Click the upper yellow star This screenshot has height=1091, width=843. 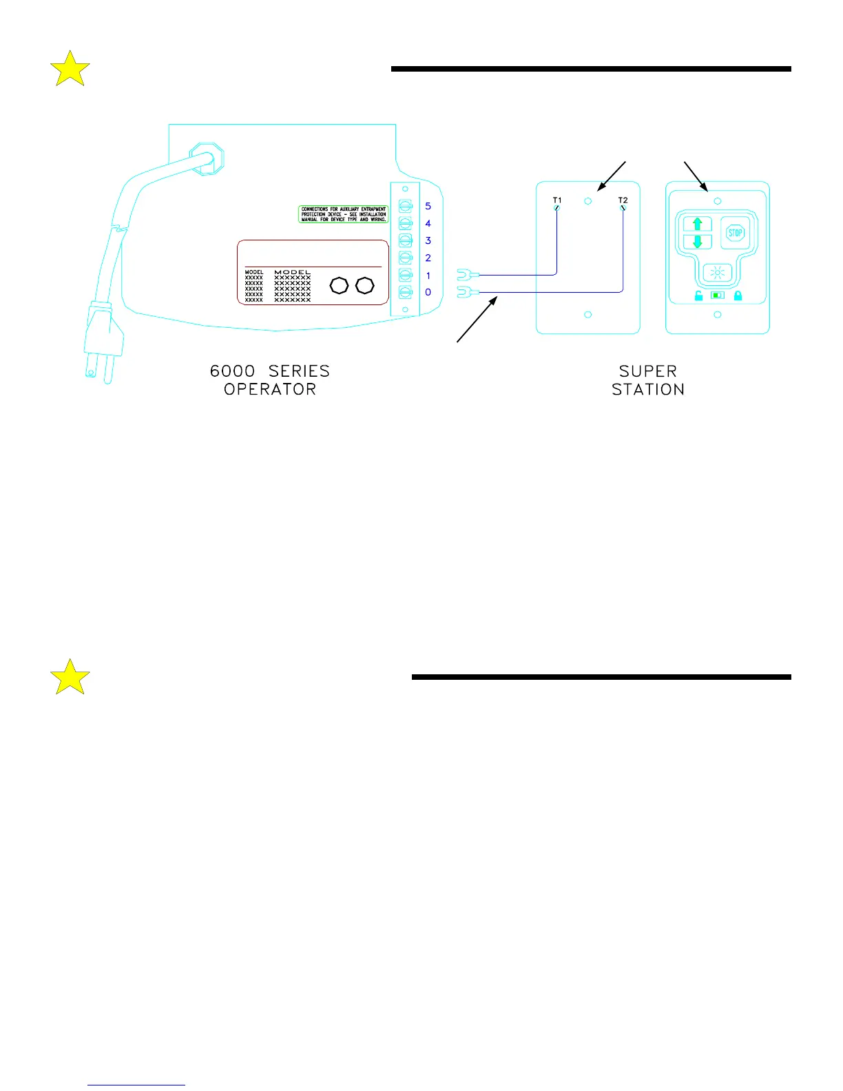(70, 69)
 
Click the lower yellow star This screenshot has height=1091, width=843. (70, 677)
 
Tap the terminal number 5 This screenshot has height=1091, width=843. (428, 206)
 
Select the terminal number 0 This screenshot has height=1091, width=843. (428, 292)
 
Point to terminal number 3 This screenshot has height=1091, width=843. (428, 240)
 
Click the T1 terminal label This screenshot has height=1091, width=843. (557, 200)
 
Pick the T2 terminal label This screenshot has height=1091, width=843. (623, 200)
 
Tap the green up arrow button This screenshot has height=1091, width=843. (697, 225)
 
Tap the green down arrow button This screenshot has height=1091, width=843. (697, 242)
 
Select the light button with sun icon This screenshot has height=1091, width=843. (717, 273)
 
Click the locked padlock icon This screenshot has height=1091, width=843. (738, 296)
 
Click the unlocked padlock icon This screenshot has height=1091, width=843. (698, 296)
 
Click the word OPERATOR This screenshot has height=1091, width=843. (270, 389)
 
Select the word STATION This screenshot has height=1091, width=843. (648, 389)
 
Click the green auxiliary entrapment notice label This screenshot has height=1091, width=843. (343, 214)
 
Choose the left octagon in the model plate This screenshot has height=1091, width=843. (339, 285)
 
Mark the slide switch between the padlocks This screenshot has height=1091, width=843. (718, 295)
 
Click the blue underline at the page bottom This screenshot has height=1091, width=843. (136, 1085)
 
